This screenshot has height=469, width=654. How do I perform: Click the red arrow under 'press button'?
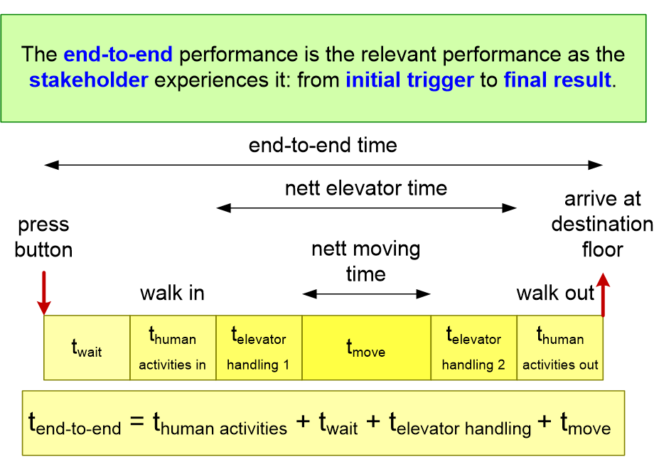tap(44, 293)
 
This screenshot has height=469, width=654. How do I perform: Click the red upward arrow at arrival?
tap(603, 294)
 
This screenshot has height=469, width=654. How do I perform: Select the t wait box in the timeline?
tap(87, 347)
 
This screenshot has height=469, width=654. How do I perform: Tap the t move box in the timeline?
tap(366, 347)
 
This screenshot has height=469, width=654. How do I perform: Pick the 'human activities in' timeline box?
tap(173, 347)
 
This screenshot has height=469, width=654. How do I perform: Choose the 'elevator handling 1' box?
tap(259, 347)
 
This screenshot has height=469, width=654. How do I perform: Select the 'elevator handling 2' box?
tap(474, 347)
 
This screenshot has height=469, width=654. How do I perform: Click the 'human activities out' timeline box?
tap(560, 347)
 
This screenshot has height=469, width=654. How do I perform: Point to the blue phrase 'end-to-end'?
tap(118, 54)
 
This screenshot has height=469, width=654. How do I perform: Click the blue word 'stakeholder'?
tap(88, 80)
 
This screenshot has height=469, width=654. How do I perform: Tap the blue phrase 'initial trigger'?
tap(410, 80)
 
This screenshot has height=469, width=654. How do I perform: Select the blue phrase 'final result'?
tap(557, 80)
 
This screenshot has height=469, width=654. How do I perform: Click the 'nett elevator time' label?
tap(366, 188)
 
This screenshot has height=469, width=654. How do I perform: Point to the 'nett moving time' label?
tap(366, 262)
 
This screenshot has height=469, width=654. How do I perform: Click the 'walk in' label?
tap(172, 293)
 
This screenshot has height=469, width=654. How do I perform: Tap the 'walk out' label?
tap(555, 293)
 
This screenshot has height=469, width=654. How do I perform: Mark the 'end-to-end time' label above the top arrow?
tap(323, 146)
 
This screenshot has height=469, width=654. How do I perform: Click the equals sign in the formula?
tap(136, 421)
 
